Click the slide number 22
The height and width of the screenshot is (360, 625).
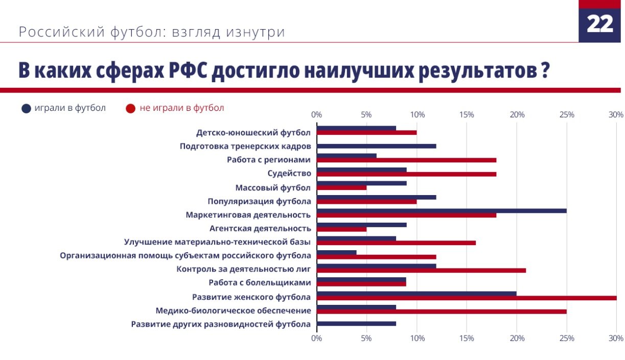pos(599,24)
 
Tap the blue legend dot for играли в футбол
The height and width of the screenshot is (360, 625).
pos(27,108)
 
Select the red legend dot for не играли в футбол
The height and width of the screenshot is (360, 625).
pos(130,108)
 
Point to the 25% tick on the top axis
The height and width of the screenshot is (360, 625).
pos(567,114)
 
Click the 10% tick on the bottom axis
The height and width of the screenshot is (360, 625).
pos(417,338)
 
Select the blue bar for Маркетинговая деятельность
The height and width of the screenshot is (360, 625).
pos(442,210)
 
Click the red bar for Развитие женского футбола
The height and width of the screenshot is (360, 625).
pos(466,298)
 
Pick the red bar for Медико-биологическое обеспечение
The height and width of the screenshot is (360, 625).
pos(442,311)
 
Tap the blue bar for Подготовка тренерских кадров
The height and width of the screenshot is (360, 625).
pos(377,146)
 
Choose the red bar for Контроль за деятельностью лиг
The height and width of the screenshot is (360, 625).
pos(421,270)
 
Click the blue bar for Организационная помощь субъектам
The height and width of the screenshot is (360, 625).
pos(337,252)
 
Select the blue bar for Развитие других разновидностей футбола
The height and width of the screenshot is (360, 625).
pos(356,323)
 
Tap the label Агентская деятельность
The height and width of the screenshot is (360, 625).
pos(260,228)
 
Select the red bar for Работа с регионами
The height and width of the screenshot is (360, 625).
pos(406,160)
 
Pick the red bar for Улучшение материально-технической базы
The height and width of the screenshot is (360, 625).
pos(396,243)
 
